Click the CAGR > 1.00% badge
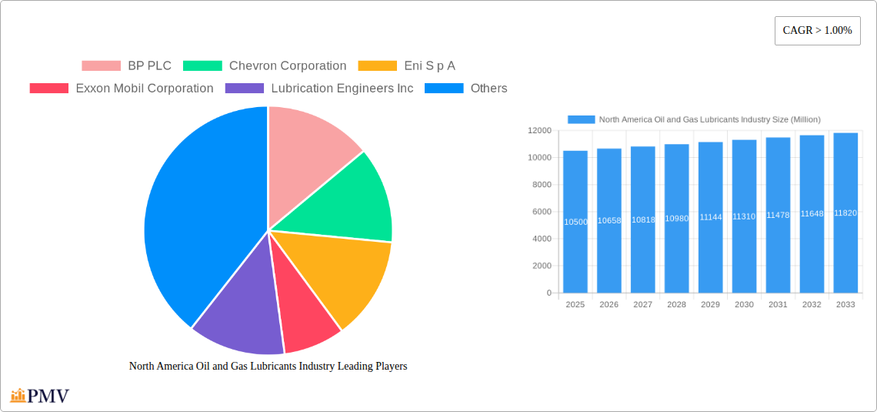click(817, 31)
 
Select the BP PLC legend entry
click(127, 66)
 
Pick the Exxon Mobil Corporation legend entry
click(122, 89)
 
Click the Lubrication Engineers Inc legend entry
click(319, 89)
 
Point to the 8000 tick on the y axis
click(542, 185)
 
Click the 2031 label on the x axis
click(778, 305)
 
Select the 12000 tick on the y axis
click(539, 131)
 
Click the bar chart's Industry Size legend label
click(709, 119)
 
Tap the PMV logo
click(40, 396)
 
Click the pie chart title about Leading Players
click(268, 367)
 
